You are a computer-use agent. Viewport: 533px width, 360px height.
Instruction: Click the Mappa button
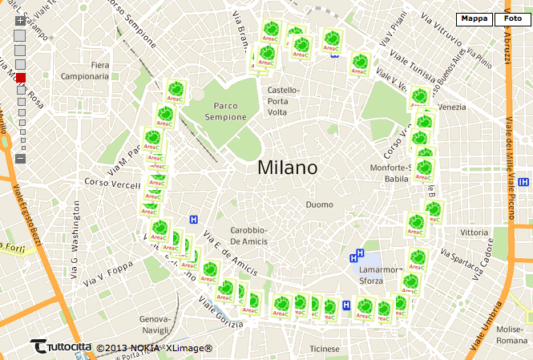pyautogui.click(x=474, y=18)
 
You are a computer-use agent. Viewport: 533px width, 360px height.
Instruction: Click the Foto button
pyautogui.click(x=513, y=18)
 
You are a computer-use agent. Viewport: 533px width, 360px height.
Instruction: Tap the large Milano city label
pyautogui.click(x=288, y=168)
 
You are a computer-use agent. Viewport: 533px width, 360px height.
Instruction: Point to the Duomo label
pyautogui.click(x=318, y=204)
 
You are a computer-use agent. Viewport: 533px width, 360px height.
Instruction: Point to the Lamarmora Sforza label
pyautogui.click(x=381, y=275)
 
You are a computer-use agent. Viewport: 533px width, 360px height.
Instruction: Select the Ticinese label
pyautogui.click(x=325, y=349)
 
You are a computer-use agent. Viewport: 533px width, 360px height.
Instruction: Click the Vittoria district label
pyautogui.click(x=474, y=233)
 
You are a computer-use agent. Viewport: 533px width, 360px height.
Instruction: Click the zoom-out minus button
pyautogui.click(x=20, y=158)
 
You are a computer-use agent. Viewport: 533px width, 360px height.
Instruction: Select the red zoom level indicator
pyautogui.click(x=21, y=78)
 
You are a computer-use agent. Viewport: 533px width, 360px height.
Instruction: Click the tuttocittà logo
pyautogui.click(x=60, y=346)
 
